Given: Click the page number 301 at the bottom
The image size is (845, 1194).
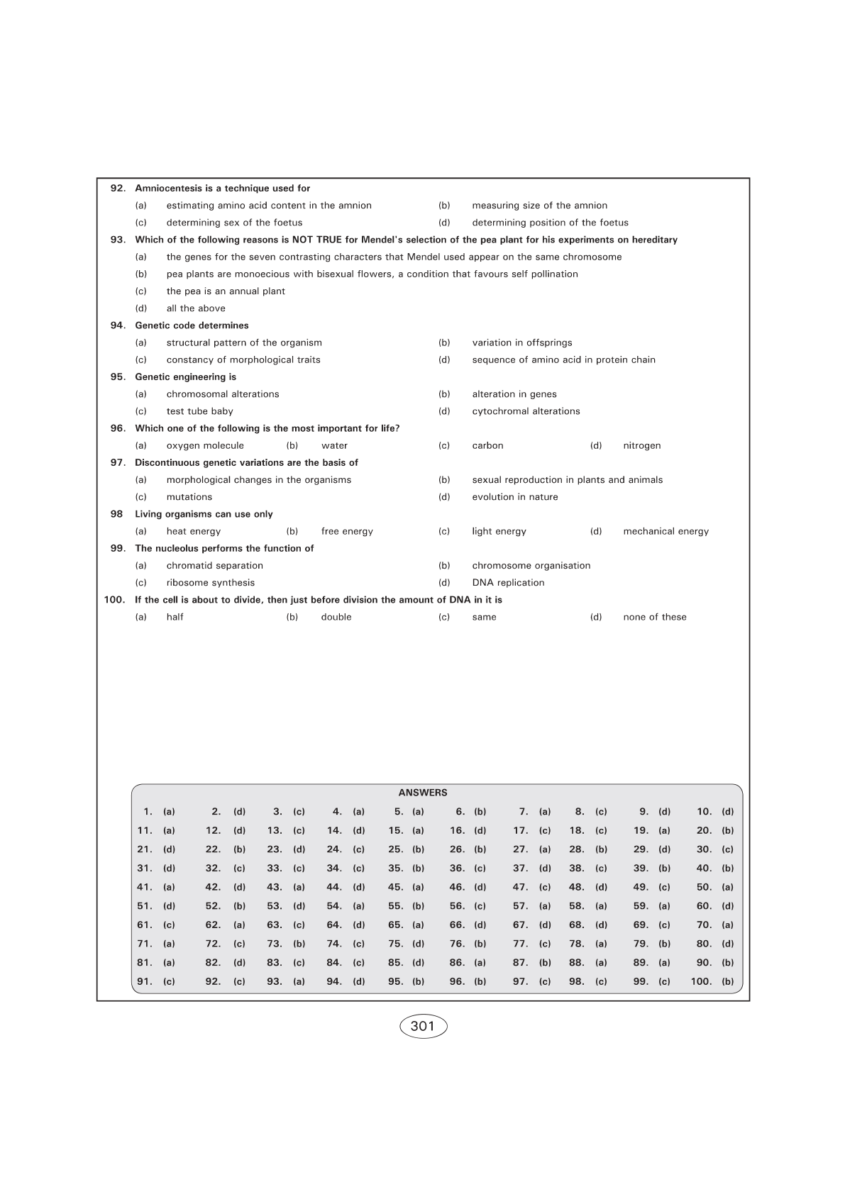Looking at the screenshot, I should tap(423, 1026).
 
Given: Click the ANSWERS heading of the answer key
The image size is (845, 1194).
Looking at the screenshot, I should tap(423, 793).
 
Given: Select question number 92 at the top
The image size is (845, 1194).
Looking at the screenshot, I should tap(118, 189).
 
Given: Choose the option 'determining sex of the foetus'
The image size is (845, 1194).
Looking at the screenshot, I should tap(234, 223).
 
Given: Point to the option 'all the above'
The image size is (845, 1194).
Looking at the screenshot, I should tap(196, 308).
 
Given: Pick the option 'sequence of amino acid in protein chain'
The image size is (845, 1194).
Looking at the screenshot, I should tap(563, 360).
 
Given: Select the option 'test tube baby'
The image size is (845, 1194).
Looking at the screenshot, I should tap(199, 411).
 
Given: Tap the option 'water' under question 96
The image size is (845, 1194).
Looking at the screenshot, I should tap(334, 446).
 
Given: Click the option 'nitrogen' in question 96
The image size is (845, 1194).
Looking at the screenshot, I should tap(641, 446).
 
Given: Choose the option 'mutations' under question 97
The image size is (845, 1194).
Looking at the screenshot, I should tap(189, 497).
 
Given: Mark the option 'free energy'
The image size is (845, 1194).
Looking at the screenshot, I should tap(347, 532).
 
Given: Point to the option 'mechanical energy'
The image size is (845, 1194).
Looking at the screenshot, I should tap(665, 532).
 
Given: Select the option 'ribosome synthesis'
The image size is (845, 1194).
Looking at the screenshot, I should tap(210, 583).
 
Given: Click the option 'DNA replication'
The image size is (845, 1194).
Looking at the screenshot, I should tap(508, 583).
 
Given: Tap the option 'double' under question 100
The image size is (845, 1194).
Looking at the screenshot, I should tap(336, 618).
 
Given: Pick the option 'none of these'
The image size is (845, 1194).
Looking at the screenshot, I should tap(654, 618).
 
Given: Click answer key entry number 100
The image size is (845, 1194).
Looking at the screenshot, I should tap(712, 982).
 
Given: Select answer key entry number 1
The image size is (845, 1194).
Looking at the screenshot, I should tap(158, 812).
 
